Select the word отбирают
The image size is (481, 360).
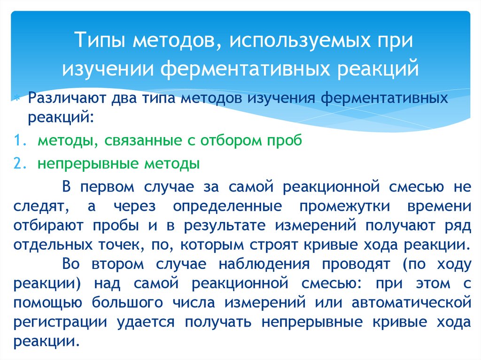coord(49,225)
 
